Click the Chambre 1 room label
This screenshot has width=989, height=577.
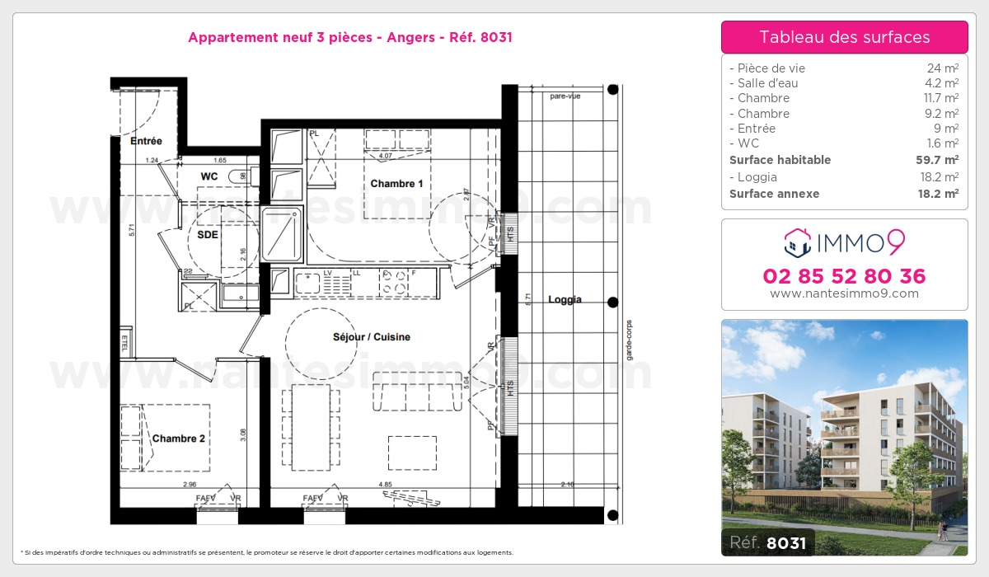(x=396, y=183)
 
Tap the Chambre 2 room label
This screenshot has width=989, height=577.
(x=179, y=439)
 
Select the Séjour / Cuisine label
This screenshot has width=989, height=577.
(x=371, y=337)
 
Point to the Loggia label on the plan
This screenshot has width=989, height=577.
(x=565, y=299)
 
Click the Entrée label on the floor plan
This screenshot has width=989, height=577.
(x=146, y=141)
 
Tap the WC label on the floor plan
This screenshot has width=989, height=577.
(x=209, y=176)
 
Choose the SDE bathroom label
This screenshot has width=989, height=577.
(x=208, y=234)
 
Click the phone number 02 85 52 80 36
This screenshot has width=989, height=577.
(x=844, y=276)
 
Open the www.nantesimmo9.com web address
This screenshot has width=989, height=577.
(x=844, y=293)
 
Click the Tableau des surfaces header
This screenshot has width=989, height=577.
(x=844, y=37)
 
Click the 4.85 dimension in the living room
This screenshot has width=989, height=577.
(x=385, y=484)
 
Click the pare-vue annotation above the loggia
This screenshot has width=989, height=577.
(x=565, y=96)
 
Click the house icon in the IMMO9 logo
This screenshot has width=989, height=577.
(x=795, y=242)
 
